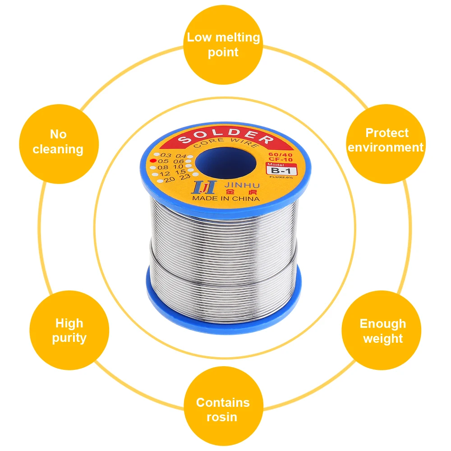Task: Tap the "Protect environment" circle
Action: (386, 140)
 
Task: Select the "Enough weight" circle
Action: (382, 331)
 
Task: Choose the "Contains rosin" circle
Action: (223, 409)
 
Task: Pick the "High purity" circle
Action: (69, 330)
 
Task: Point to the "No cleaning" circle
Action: (58, 142)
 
